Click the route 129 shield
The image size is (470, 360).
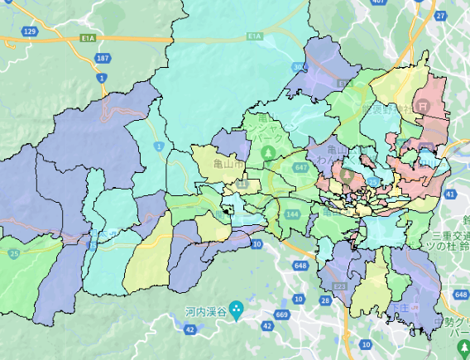click(x=31, y=31)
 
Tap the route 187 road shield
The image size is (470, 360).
click(x=103, y=58)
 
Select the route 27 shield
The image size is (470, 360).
click(x=440, y=15)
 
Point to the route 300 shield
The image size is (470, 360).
click(x=297, y=67)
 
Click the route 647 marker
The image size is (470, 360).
click(x=300, y=168)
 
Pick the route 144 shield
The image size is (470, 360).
click(x=291, y=214)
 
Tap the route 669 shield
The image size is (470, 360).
click(x=282, y=315)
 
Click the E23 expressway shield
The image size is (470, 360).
click(x=339, y=286)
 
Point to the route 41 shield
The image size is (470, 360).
click(x=449, y=193)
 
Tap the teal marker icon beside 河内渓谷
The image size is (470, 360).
click(x=237, y=311)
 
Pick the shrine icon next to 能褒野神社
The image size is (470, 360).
click(x=423, y=107)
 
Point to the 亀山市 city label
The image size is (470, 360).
click(x=228, y=165)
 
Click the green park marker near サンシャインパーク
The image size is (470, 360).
click(x=269, y=153)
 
